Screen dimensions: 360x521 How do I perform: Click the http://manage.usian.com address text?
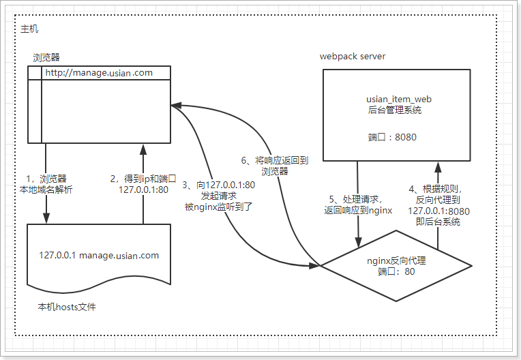[99, 73]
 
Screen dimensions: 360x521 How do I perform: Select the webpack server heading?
[353, 57]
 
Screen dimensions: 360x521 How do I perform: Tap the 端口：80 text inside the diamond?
[396, 271]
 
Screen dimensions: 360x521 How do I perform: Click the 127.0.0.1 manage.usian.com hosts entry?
[99, 256]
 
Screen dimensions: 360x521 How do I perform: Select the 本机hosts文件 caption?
[67, 307]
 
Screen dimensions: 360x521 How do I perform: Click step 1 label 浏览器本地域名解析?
[46, 184]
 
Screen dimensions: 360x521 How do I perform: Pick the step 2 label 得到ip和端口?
[143, 184]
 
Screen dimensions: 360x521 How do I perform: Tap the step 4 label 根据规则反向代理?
[438, 205]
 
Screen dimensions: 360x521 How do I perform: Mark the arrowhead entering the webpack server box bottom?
[438, 166]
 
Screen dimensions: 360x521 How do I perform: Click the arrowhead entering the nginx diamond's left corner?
[315, 265]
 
